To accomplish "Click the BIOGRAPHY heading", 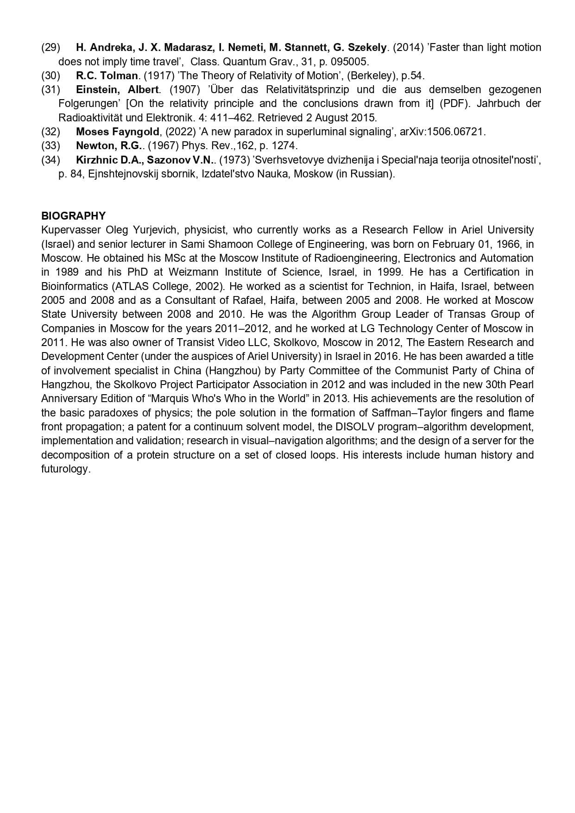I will point(73,216).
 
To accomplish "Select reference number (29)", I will point(51,47).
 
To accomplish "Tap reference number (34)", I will point(51,160).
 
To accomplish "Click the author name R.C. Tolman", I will point(107,76).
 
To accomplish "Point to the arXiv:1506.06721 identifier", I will point(442,132).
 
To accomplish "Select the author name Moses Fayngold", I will point(117,132).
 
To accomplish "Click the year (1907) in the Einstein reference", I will point(185,89).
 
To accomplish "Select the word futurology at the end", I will point(65,469).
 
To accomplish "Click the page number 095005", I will point(351,62).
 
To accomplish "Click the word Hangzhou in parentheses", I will point(230,371).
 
